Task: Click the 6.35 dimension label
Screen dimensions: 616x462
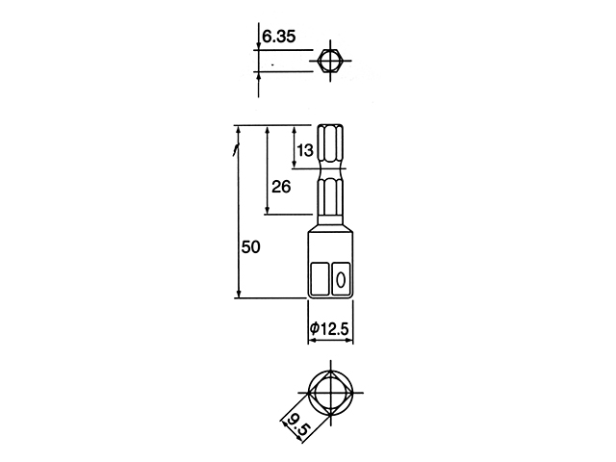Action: tap(278, 37)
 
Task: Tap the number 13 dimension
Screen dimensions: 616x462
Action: tap(305, 150)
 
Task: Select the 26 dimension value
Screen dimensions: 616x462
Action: tap(281, 187)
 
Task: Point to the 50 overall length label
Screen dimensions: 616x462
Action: tap(250, 247)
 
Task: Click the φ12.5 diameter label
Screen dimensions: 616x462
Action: tap(329, 328)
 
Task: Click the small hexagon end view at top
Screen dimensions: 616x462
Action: tap(330, 61)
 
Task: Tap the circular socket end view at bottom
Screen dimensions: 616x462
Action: tap(331, 392)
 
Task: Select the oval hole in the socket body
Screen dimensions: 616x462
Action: tap(341, 280)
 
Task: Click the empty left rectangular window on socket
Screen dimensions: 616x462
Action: tap(320, 279)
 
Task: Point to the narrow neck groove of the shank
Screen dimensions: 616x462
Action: tap(331, 173)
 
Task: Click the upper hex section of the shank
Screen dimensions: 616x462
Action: tap(331, 145)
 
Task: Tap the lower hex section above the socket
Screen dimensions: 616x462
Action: tap(331, 197)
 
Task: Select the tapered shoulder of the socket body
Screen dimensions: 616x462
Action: tap(330, 225)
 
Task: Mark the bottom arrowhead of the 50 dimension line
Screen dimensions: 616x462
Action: tap(239, 293)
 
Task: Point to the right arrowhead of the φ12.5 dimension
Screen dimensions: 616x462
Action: tap(348, 341)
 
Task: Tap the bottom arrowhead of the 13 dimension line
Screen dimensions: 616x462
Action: tap(295, 164)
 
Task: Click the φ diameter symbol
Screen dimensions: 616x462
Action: tap(315, 328)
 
